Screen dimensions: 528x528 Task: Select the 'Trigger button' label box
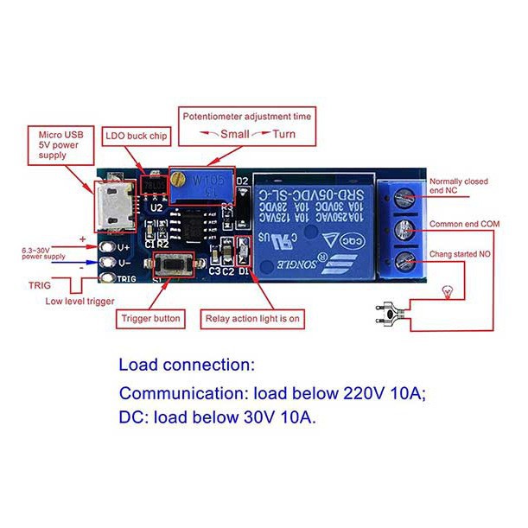coord(150,319)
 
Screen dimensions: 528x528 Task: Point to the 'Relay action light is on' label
coord(252,319)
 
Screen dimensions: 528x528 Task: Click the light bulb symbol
coord(447,289)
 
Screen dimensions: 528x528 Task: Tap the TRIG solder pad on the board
coord(107,278)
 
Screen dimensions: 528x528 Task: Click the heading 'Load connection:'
coord(187,364)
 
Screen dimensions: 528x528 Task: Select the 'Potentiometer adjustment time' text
coord(246,114)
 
